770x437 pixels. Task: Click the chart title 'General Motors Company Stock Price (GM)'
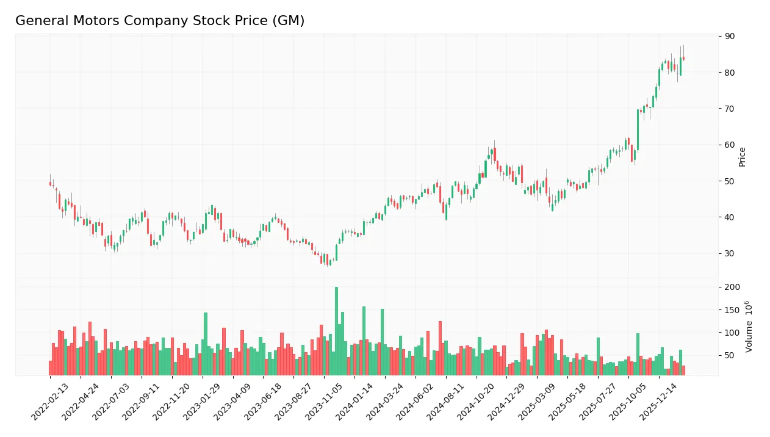[160, 21]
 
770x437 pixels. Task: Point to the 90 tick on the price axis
[730, 37]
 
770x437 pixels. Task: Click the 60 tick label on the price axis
[730, 145]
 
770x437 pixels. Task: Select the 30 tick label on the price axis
[730, 253]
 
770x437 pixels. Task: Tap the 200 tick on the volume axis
[732, 287]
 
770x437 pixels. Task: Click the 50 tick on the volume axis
[730, 356]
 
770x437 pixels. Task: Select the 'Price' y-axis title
[743, 157]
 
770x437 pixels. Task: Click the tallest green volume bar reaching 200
[336, 331]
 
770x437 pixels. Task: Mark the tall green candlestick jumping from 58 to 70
[638, 129]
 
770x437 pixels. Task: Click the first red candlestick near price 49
[50, 183]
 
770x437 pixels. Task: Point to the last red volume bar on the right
[683, 370]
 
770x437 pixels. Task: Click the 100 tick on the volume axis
[732, 333]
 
